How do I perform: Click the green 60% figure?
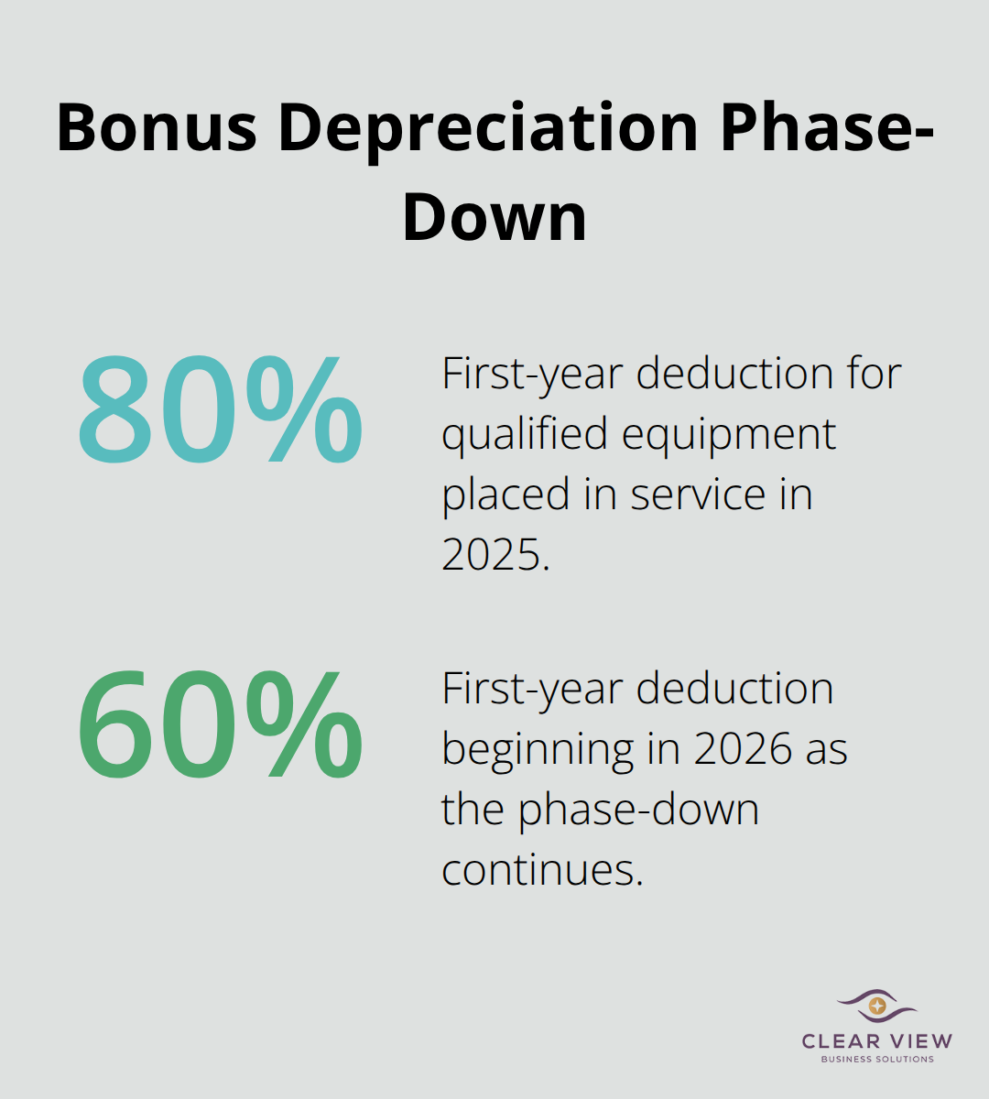click(x=220, y=724)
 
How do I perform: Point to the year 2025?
click(x=494, y=555)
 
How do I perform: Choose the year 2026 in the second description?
click(x=743, y=749)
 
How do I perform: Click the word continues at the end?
click(x=542, y=870)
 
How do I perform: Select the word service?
click(x=699, y=495)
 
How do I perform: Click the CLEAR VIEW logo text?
click(x=877, y=1040)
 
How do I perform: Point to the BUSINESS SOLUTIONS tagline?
click(x=877, y=1060)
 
